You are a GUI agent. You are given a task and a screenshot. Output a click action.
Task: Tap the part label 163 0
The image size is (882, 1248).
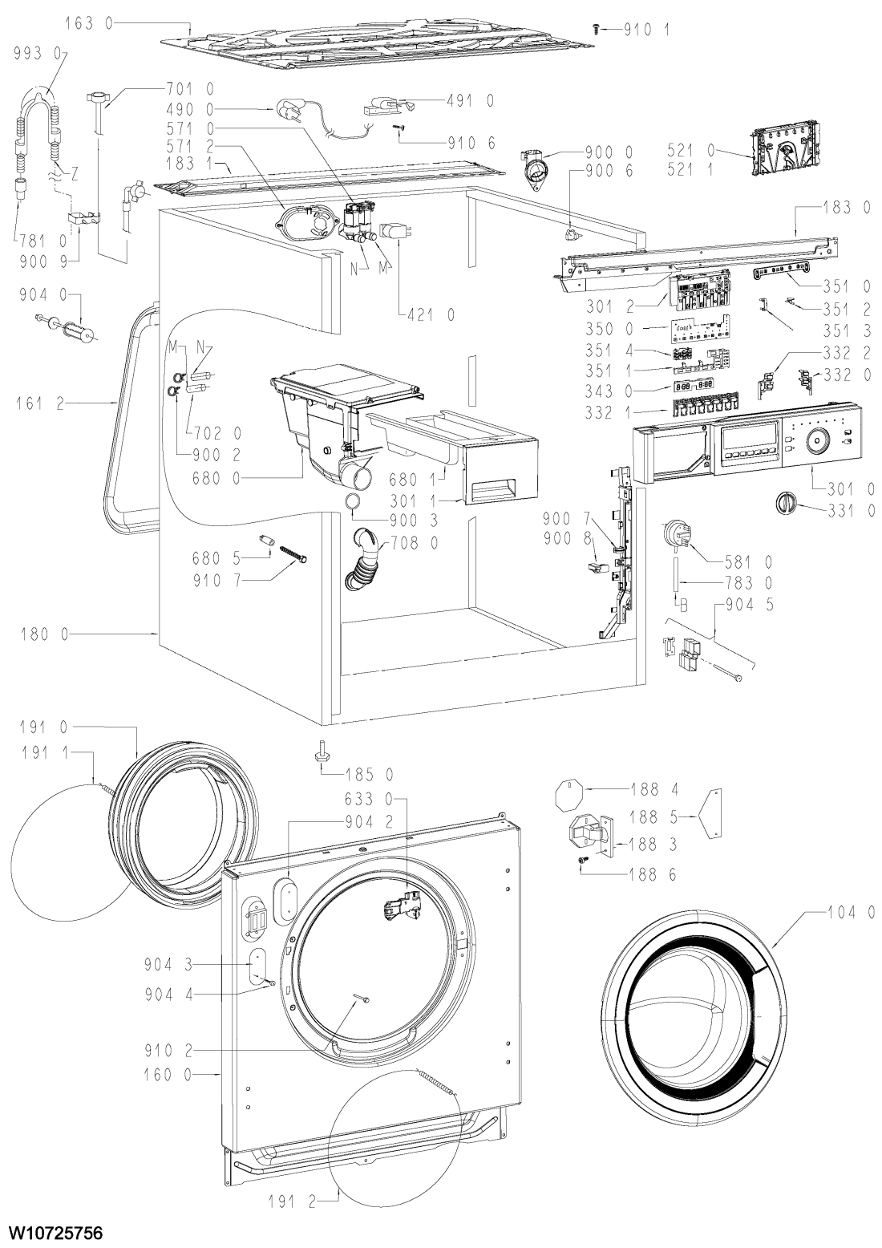pyautogui.click(x=88, y=23)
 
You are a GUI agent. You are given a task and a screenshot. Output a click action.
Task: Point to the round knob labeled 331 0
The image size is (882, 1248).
pyautogui.click(x=783, y=503)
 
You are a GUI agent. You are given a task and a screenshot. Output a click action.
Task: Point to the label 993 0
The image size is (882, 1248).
pyautogui.click(x=38, y=54)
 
